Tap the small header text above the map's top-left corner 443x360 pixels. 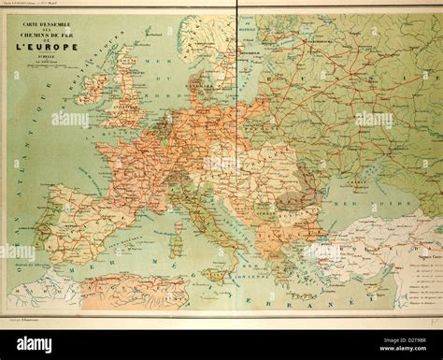coord(56,7)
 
